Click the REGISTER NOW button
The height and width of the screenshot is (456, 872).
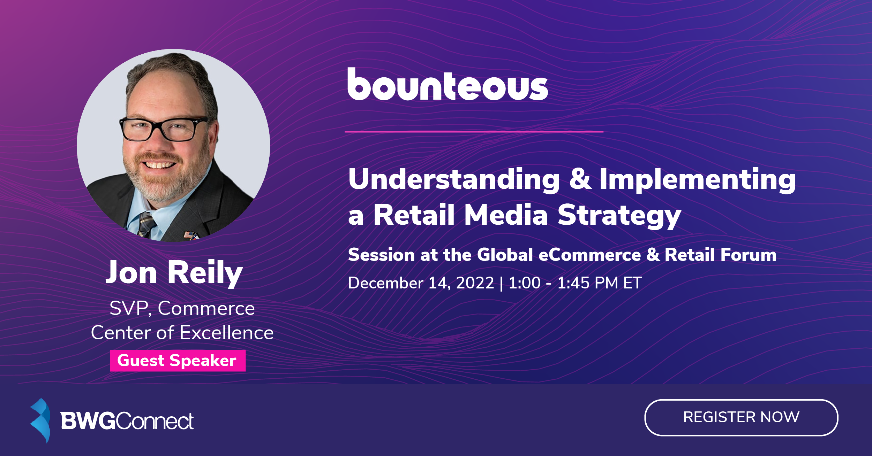741,417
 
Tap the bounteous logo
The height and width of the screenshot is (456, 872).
448,85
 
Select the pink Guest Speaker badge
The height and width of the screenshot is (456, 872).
178,361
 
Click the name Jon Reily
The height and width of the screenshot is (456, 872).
174,273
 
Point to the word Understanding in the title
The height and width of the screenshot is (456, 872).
454,179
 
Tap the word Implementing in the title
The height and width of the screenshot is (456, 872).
697,180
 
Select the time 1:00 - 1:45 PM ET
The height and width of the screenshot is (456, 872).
575,283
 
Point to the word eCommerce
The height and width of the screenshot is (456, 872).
589,255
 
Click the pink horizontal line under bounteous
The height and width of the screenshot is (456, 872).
474,132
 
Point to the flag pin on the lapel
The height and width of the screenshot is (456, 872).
191,235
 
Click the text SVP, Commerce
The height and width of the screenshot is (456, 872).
182,308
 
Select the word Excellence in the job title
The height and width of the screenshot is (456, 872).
227,333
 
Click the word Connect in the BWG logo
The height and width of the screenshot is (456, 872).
155,421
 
